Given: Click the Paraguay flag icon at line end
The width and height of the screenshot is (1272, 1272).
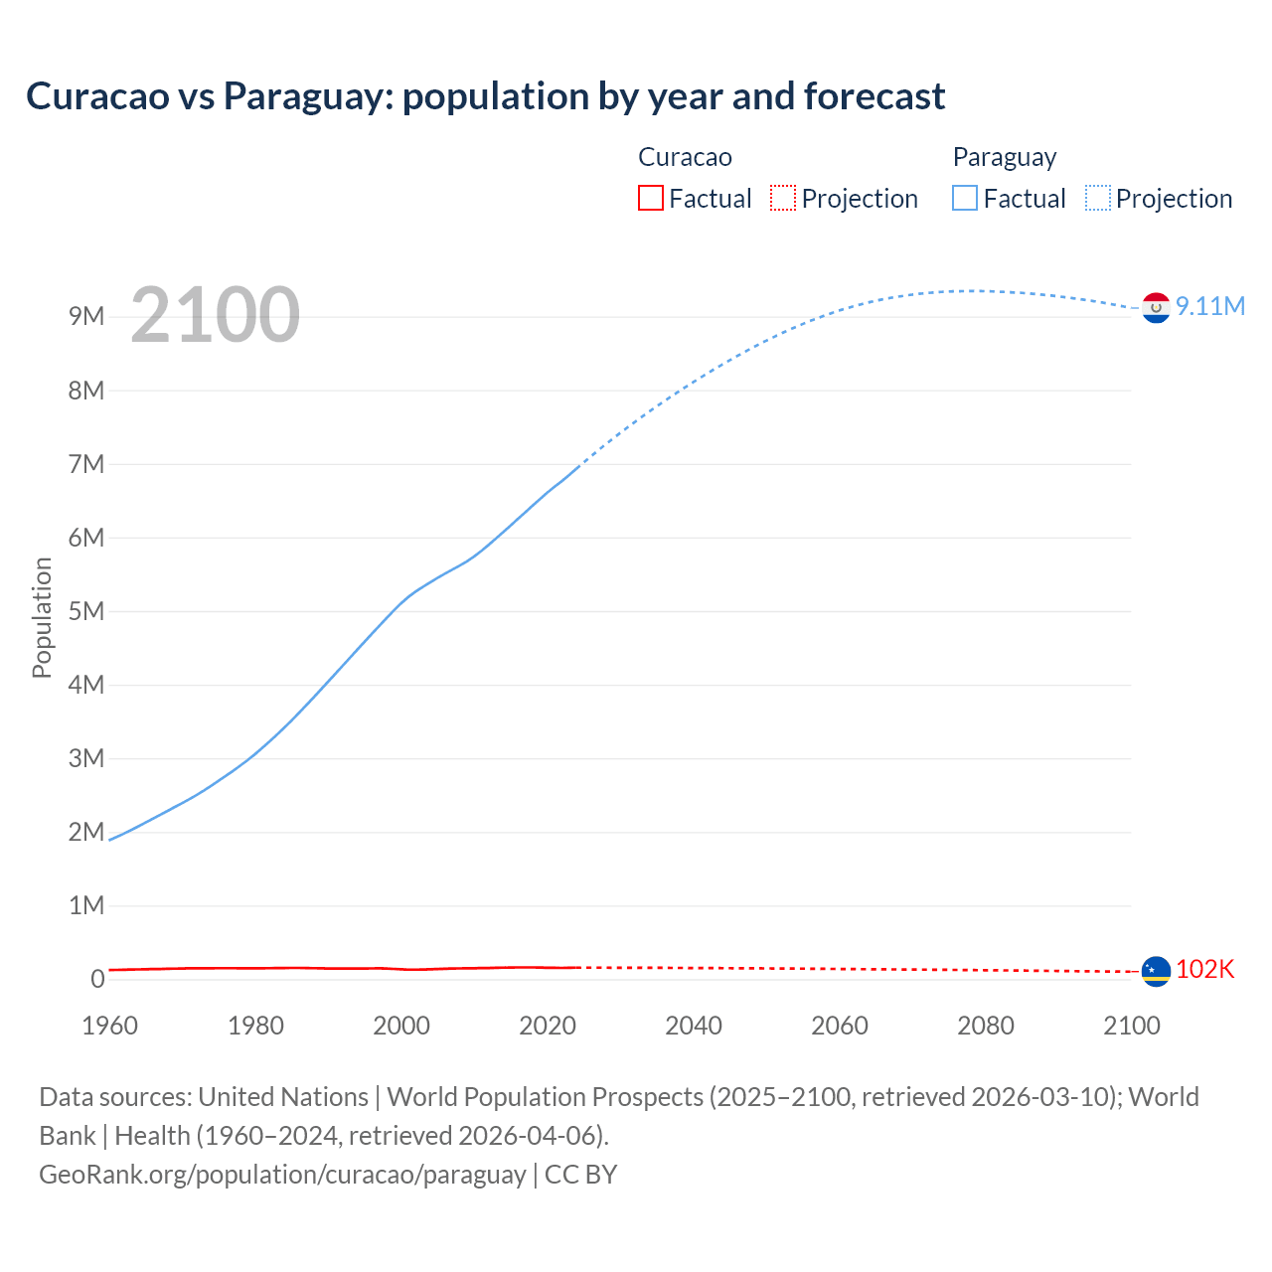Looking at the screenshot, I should (1156, 308).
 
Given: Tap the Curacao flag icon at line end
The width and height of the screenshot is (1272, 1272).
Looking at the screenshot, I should (1156, 971).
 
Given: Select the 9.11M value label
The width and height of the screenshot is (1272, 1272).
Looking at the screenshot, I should (1210, 306).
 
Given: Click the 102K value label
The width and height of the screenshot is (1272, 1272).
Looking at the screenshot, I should (1204, 969).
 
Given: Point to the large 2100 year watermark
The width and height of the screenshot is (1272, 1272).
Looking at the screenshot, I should (215, 315).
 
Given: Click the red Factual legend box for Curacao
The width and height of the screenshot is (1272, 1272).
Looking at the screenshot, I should (650, 199).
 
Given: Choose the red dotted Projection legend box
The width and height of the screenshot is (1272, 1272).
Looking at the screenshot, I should (783, 199).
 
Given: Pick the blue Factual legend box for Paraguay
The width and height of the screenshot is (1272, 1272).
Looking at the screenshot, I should (964, 199).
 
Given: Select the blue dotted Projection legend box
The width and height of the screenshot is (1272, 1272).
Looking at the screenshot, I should (1097, 199).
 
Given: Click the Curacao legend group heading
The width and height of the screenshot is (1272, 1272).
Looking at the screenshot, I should (685, 157).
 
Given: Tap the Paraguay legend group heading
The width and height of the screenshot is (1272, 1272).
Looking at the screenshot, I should (1004, 157).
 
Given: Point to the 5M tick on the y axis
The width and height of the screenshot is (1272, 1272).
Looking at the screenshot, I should (86, 611).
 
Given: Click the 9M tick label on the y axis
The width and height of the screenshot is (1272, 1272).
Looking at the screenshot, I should (86, 317).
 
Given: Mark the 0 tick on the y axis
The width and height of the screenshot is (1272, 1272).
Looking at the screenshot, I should (97, 979).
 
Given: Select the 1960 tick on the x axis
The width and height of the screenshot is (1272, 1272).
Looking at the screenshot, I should (109, 1026).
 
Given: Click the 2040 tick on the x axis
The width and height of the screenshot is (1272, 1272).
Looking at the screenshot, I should (694, 1026).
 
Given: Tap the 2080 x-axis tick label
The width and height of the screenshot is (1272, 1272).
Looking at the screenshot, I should (986, 1026).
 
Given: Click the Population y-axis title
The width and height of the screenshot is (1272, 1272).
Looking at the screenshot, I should (42, 617).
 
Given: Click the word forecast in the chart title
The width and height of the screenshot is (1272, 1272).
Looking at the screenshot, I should (874, 96).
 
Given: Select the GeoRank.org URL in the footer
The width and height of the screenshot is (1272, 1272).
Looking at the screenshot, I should (282, 1175).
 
